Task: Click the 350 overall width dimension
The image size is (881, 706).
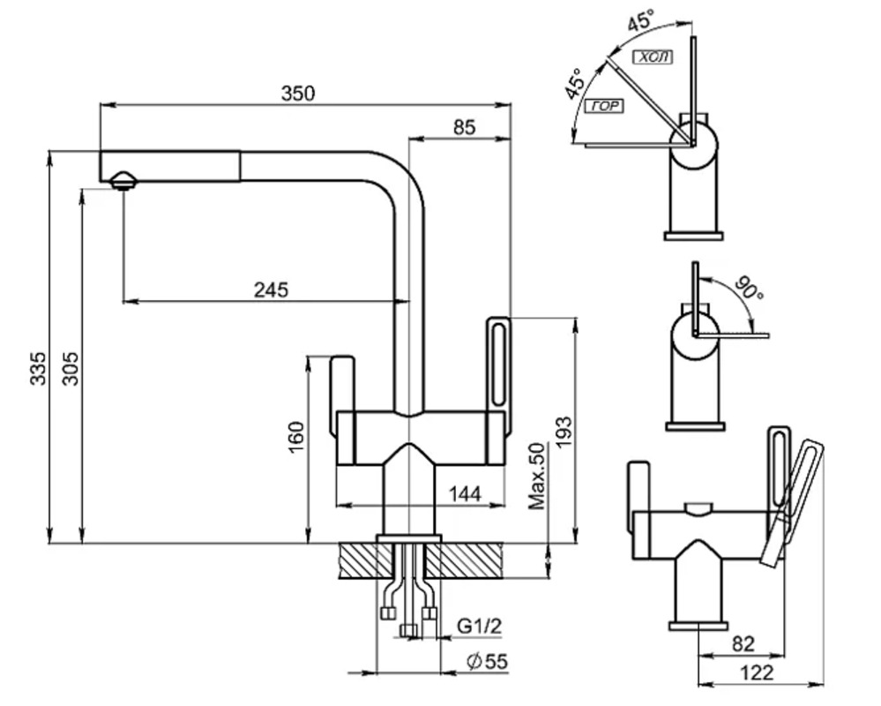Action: pyautogui.click(x=298, y=94)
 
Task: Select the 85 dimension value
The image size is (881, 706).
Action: pyautogui.click(x=464, y=128)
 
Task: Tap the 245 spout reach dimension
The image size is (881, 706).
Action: pyautogui.click(x=271, y=289)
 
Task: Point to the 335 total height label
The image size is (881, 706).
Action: pyautogui.click(x=38, y=368)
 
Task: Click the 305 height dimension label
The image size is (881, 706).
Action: pyautogui.click(x=71, y=368)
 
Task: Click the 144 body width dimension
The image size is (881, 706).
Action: pyautogui.click(x=465, y=493)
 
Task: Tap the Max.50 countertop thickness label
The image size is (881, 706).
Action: pyautogui.click(x=537, y=476)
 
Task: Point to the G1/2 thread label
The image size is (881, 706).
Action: pyautogui.click(x=479, y=625)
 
